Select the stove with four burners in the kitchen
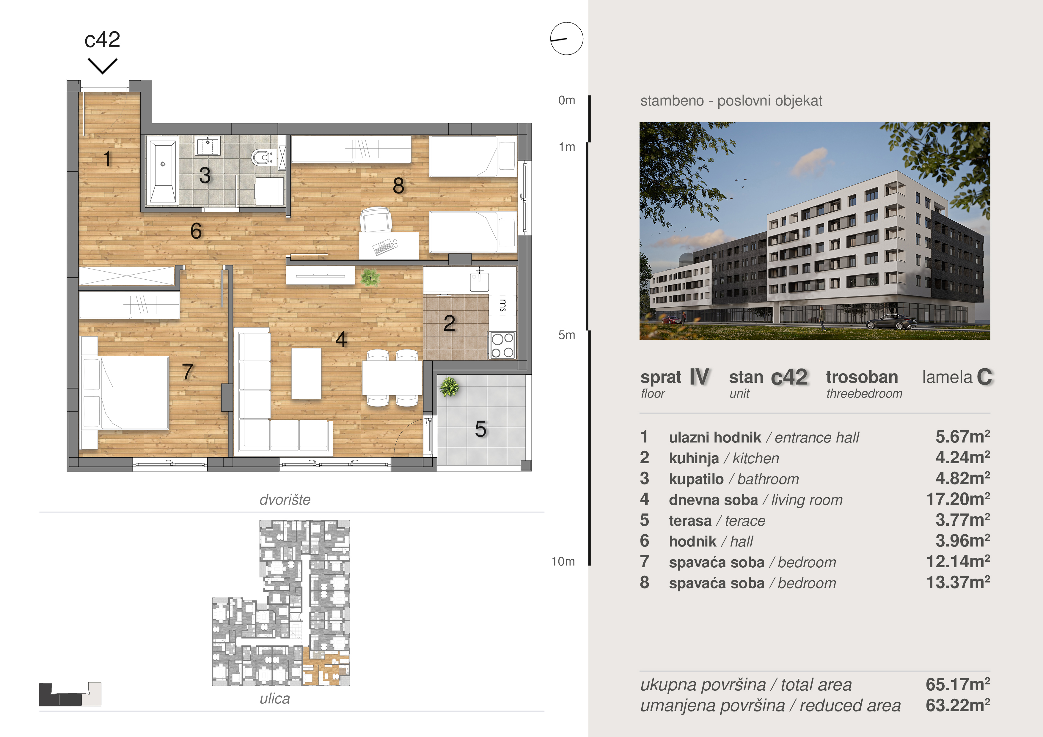(502, 345)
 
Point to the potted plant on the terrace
(449, 387)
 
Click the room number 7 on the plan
(188, 372)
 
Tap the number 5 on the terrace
(480, 429)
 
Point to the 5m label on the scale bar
(566, 335)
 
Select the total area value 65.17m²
(958, 684)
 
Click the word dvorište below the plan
(285, 500)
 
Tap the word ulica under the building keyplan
(275, 698)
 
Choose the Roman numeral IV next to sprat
(699, 377)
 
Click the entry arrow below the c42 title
(103, 66)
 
